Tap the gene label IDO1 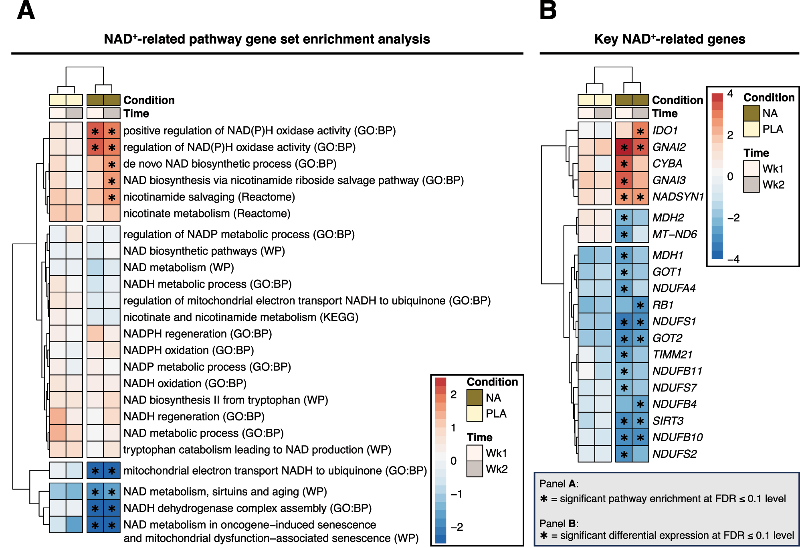[665, 131]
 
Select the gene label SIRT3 [668, 421]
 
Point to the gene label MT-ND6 [675, 234]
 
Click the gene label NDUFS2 [674, 454]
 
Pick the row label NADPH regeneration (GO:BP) [198, 334]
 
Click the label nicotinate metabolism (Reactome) [207, 213]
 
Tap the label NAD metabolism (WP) [178, 268]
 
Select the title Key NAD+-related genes [669, 39]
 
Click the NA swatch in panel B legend [751, 113]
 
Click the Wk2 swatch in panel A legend [475, 469]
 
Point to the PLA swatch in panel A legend [475, 413]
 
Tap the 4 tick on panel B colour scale [730, 94]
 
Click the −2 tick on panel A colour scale [457, 527]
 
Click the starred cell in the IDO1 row [640, 131]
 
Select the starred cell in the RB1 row [640, 305]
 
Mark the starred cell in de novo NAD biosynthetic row [112, 164]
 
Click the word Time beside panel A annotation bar [136, 114]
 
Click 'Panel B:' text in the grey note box [559, 524]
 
